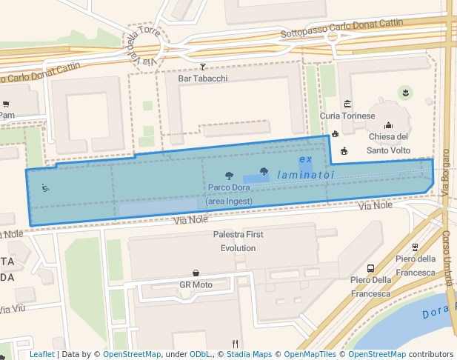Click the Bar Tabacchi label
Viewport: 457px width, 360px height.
pos(203,78)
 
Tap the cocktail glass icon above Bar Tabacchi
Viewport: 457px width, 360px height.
pos(203,66)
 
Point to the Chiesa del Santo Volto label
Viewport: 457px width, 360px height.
pos(389,143)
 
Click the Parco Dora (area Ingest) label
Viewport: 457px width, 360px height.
pos(229,194)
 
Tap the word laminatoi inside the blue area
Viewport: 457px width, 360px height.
pos(306,175)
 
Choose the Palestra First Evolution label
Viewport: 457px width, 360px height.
pos(238,241)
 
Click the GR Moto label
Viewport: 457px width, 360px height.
pos(196,284)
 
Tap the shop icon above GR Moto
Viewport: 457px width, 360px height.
pos(196,273)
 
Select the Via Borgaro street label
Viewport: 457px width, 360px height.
pos(446,173)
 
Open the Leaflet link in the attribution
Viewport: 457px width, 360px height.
pos(42,355)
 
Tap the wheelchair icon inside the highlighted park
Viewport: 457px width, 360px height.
pos(46,187)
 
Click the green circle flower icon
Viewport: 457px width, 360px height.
pos(405,92)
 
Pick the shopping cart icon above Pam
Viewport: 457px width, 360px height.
pos(6,104)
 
